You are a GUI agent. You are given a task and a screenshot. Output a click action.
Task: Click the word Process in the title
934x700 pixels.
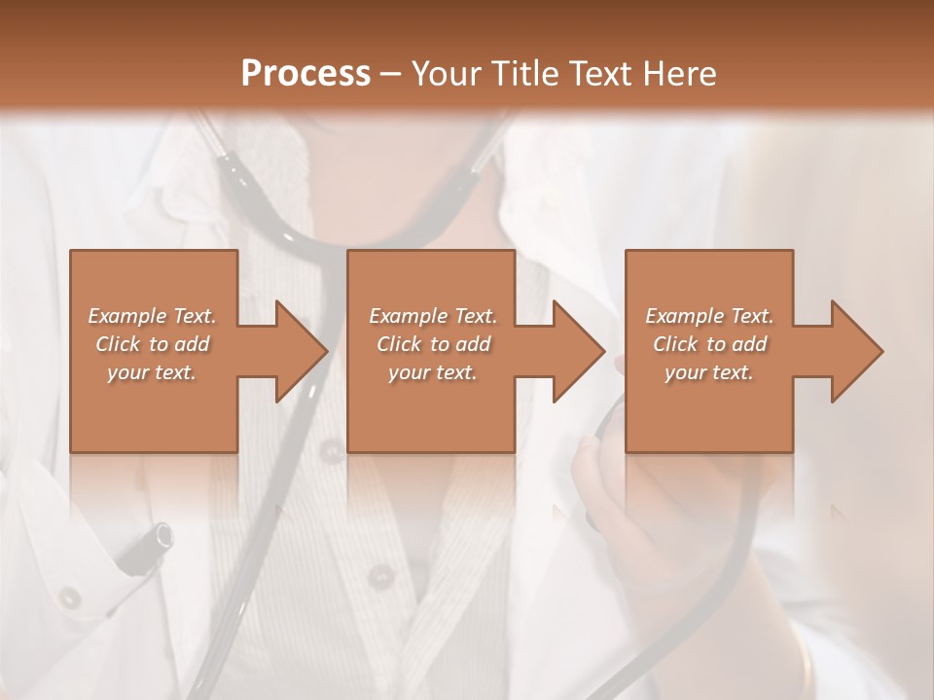[x=305, y=73]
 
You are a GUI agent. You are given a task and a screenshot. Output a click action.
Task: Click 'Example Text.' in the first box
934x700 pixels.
[x=152, y=316]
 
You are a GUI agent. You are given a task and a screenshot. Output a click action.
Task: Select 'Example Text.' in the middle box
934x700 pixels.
[x=433, y=316]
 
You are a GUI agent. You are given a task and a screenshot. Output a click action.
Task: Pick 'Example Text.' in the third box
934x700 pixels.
[x=709, y=316]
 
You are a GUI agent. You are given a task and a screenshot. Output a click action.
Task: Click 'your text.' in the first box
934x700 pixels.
[x=152, y=372]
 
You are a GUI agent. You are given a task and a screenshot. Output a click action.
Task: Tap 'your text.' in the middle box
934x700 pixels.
[x=433, y=372]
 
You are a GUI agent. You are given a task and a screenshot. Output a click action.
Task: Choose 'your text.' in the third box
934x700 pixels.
[x=709, y=372]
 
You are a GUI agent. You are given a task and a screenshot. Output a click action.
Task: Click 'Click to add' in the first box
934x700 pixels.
[x=152, y=344]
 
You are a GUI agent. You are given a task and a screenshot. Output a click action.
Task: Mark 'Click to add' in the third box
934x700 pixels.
[x=709, y=344]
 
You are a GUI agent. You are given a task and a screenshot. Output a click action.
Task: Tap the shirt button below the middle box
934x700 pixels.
[x=378, y=576]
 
